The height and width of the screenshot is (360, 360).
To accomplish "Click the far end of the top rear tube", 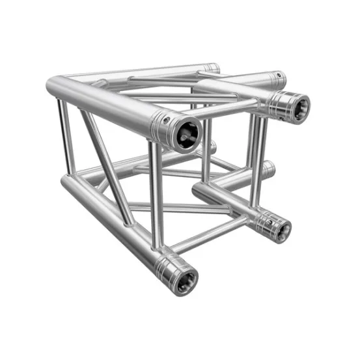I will click(214, 68).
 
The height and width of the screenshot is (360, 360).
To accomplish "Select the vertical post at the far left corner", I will click(63, 137).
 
